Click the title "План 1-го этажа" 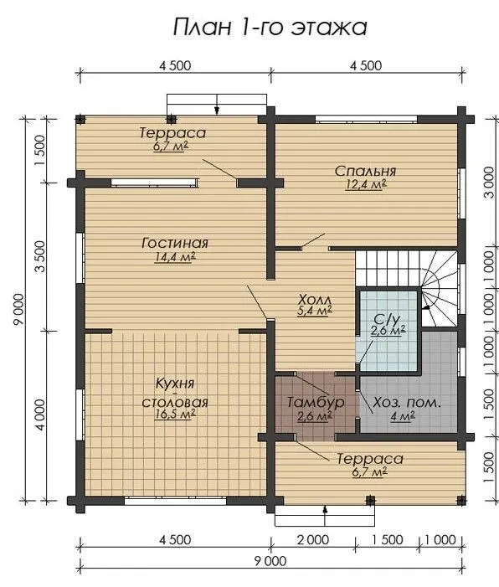270,28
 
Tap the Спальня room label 365,171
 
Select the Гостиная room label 175,243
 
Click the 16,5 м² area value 175,414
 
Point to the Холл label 315,300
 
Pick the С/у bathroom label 387,318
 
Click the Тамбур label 315,402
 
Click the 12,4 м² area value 365,185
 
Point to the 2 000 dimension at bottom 313,539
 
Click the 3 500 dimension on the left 40,256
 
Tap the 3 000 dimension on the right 488,183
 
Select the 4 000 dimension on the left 40,415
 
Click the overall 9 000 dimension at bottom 270,561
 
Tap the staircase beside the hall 406,288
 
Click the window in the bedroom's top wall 366,120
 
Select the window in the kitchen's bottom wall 175,501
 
